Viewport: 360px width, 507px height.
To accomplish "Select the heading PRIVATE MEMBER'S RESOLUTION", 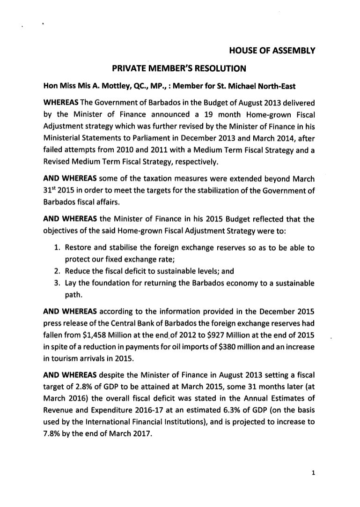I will coord(179,69).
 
